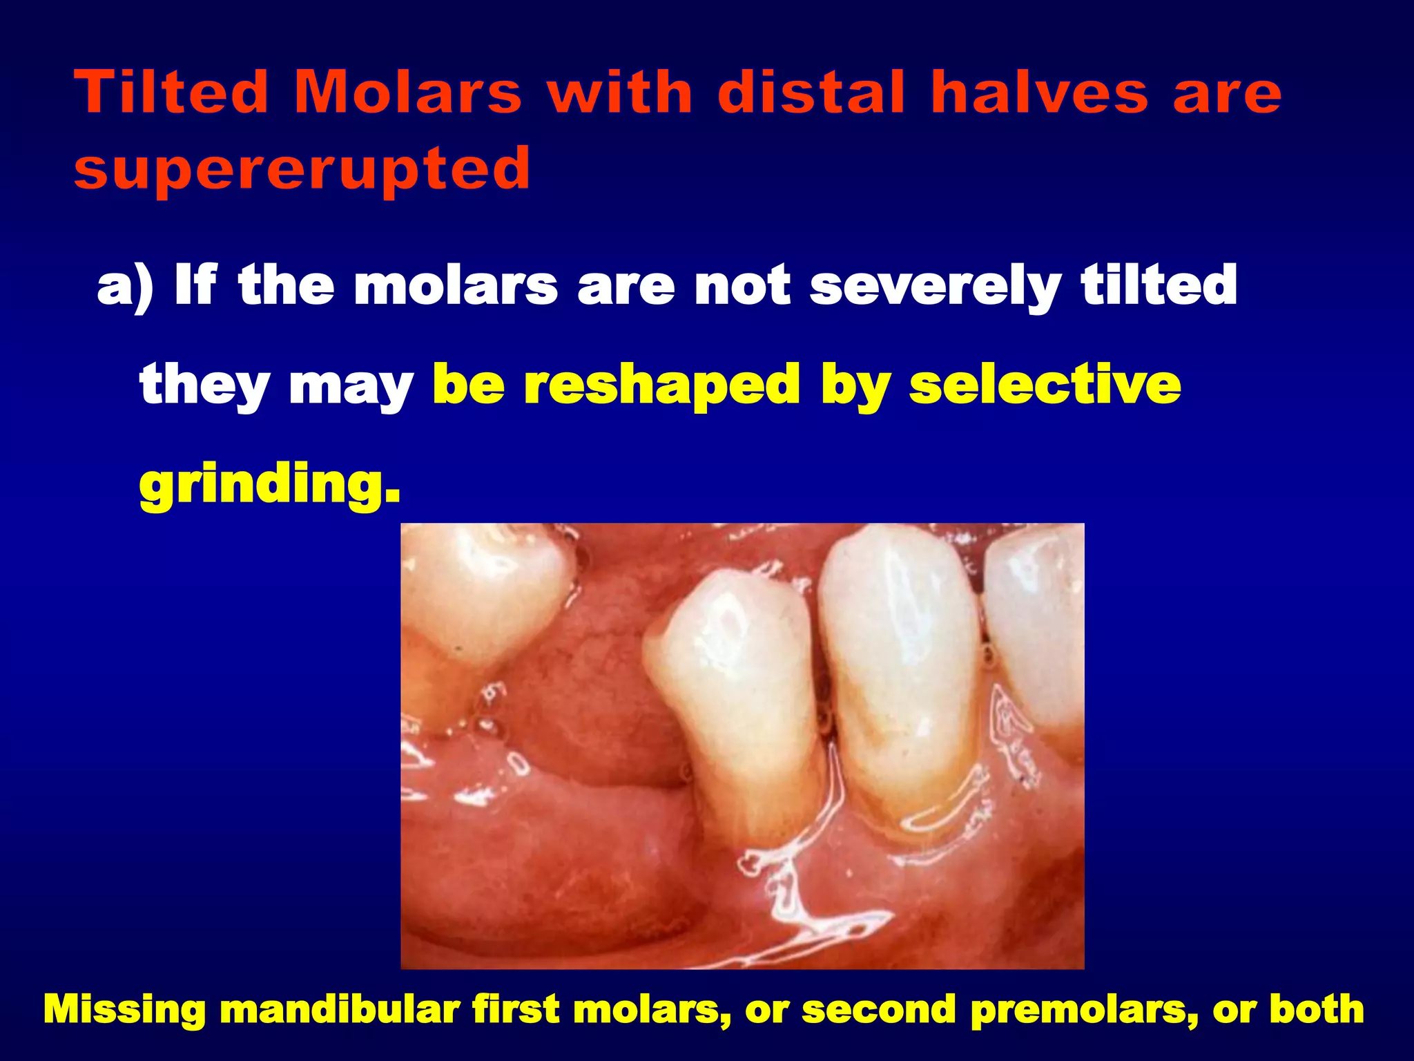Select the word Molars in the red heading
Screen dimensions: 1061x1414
coord(407,93)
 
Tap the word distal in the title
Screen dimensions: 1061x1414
coord(811,93)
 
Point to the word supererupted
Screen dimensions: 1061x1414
coord(302,169)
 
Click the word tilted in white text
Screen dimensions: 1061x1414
coord(1159,285)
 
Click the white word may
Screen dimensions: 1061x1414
coord(351,386)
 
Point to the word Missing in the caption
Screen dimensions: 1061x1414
coord(124,1010)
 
